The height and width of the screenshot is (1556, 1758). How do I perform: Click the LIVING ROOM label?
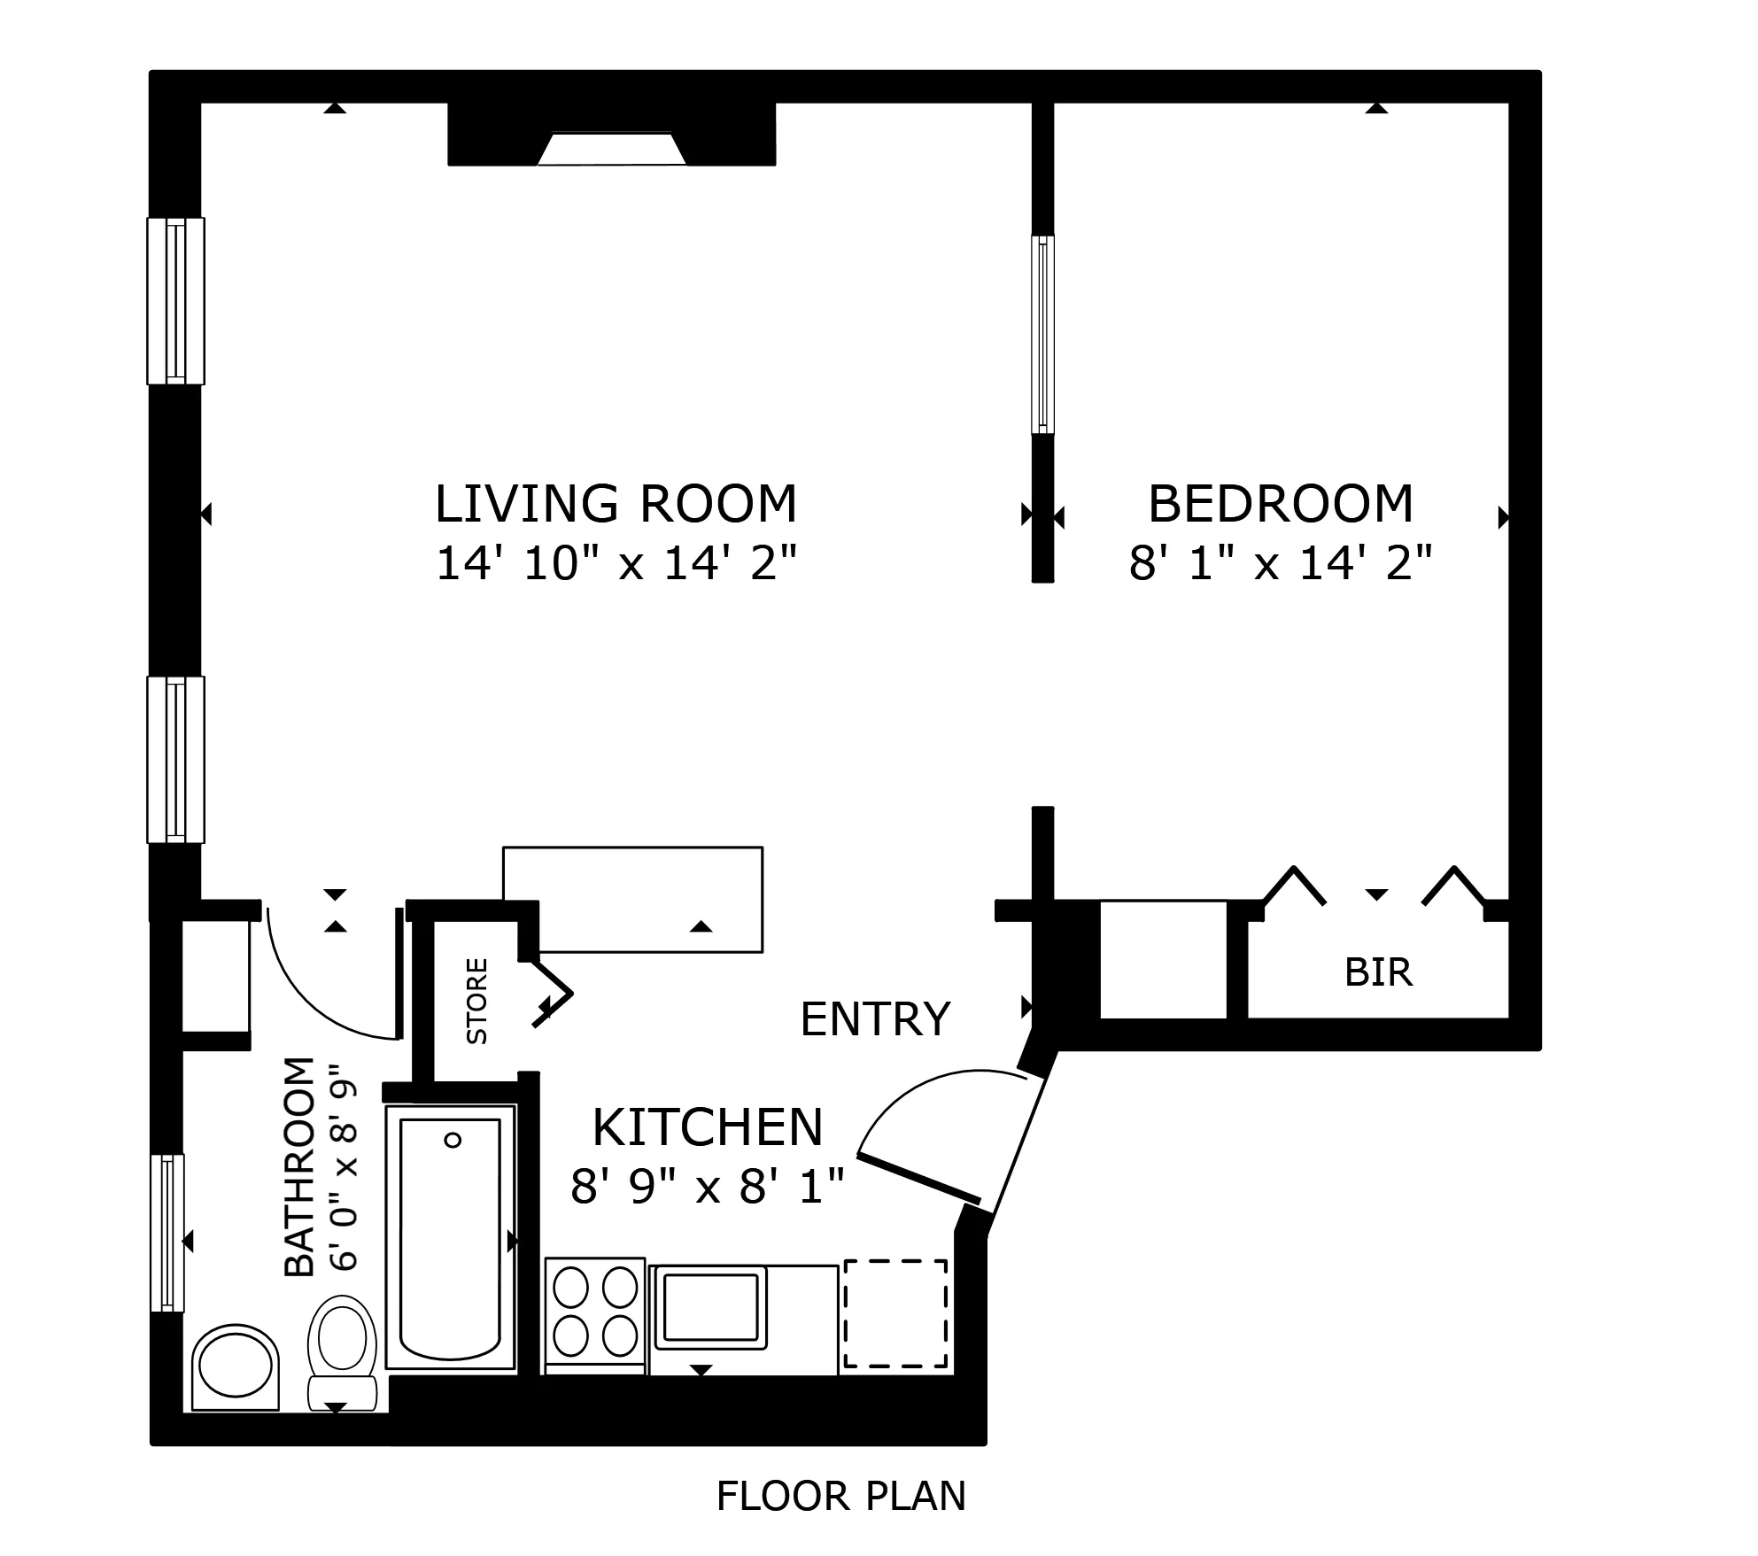pos(616,504)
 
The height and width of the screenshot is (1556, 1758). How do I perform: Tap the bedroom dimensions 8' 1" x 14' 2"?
pos(1280,563)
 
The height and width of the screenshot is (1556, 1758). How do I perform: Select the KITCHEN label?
pos(708,1127)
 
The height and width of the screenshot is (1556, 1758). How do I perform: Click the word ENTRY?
pos(875,1019)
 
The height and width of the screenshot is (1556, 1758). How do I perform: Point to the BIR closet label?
pos(1378,972)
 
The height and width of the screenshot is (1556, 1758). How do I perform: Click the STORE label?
pos(476,1001)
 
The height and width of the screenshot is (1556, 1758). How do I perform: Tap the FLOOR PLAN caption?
pos(840,1497)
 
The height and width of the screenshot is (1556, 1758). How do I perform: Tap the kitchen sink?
pos(710,1306)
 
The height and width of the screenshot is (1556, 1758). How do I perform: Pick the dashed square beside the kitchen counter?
pos(895,1313)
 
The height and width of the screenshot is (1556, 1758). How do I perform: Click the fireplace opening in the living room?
pos(611,150)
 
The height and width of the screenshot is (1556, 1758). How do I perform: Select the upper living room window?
pos(175,301)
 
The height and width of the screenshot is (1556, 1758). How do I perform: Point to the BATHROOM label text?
pos(299,1166)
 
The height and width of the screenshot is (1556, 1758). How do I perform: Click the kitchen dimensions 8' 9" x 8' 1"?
pos(708,1186)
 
